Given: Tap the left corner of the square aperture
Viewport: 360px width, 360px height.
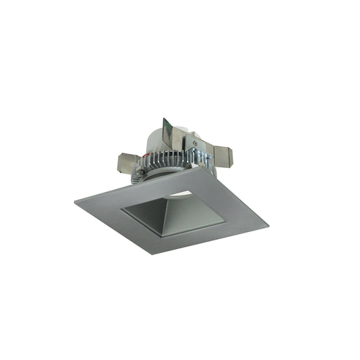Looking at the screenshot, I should point(121,209).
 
